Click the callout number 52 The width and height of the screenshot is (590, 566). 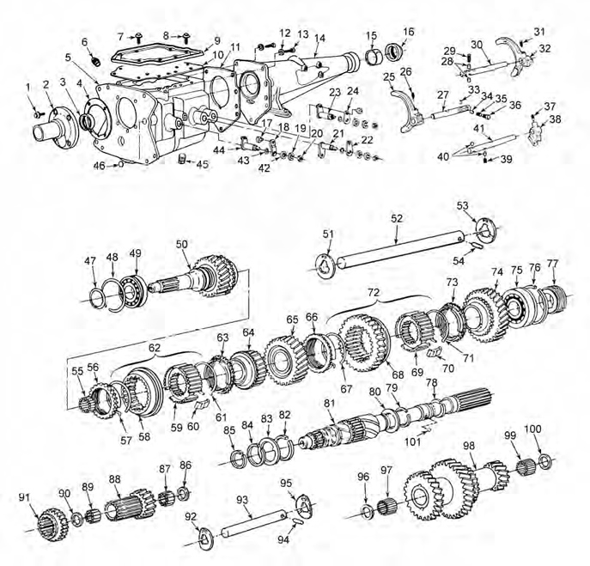(x=397, y=219)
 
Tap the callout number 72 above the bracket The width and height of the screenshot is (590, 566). (x=372, y=295)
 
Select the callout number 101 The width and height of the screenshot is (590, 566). (x=413, y=444)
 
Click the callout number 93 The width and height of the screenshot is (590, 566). (x=242, y=499)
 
